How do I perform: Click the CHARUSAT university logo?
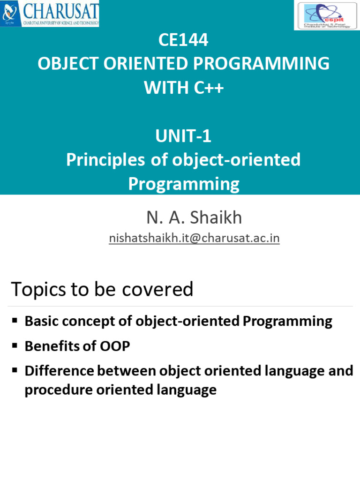click(x=51, y=14)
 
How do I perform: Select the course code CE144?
click(x=183, y=41)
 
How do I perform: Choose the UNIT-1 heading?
click(x=183, y=136)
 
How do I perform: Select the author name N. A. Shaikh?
click(x=194, y=217)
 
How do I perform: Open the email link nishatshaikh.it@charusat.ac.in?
click(x=194, y=238)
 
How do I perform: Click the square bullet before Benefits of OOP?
click(x=15, y=345)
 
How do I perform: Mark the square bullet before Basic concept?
click(x=15, y=321)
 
